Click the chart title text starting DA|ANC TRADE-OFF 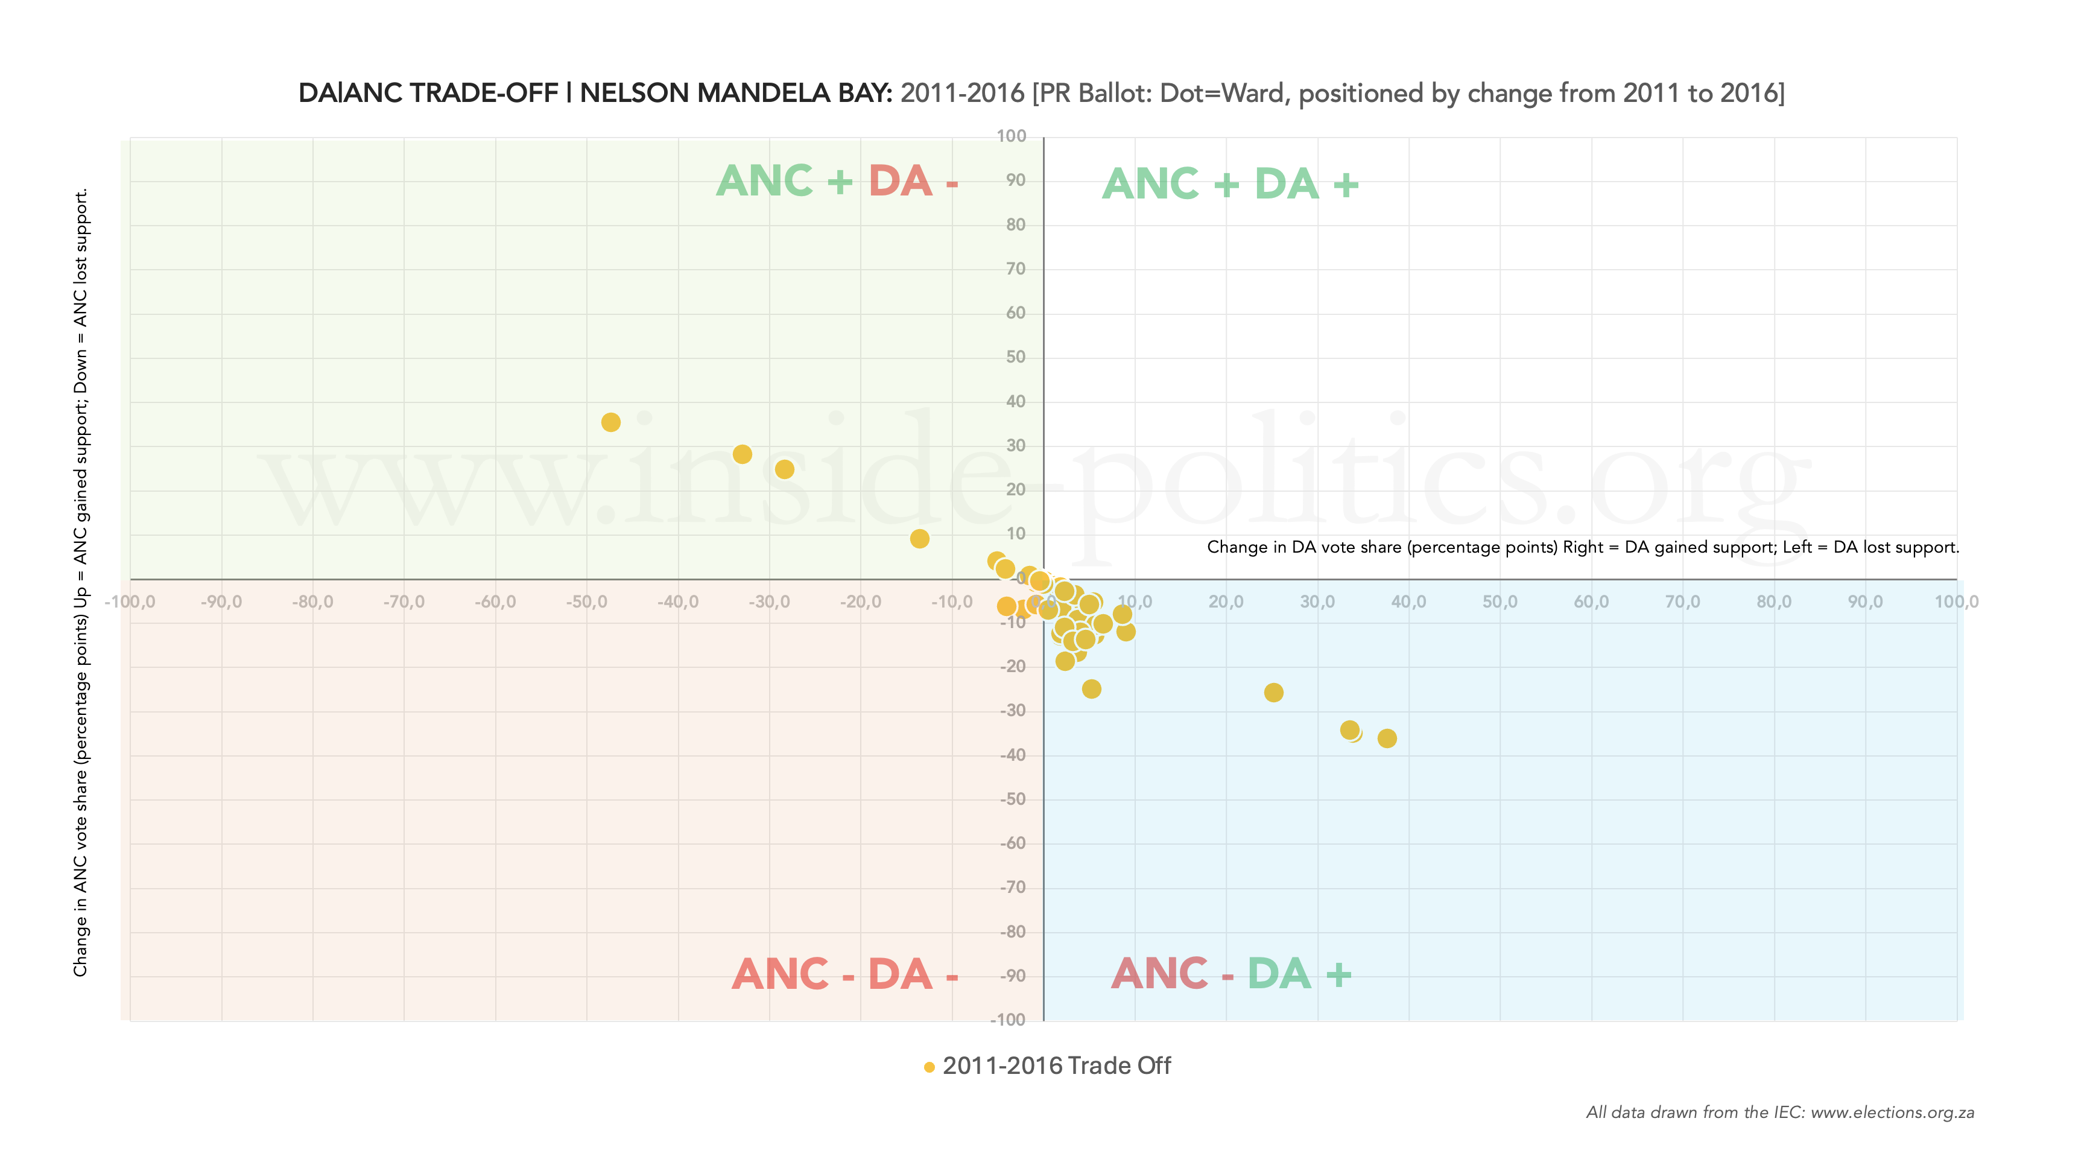tap(1040, 93)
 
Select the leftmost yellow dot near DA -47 tap(611, 422)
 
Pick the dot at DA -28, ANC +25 tap(784, 469)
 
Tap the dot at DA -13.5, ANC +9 tap(919, 539)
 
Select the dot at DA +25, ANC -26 tap(1273, 693)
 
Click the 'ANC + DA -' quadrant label tap(837, 180)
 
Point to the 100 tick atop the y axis tap(1012, 136)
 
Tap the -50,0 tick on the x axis tap(586, 602)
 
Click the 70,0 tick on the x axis tap(1682, 602)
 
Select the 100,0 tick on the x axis tap(1956, 602)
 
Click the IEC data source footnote tap(1780, 1113)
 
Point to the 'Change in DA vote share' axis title tap(1582, 547)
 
